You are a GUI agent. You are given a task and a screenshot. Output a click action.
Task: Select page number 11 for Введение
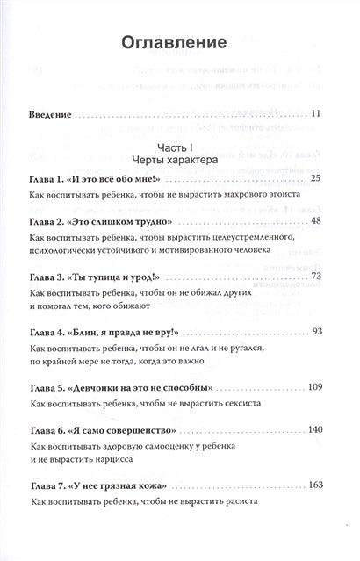(317, 113)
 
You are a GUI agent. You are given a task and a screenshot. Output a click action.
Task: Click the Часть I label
(179, 147)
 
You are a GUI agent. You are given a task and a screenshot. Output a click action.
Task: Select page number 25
(317, 179)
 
